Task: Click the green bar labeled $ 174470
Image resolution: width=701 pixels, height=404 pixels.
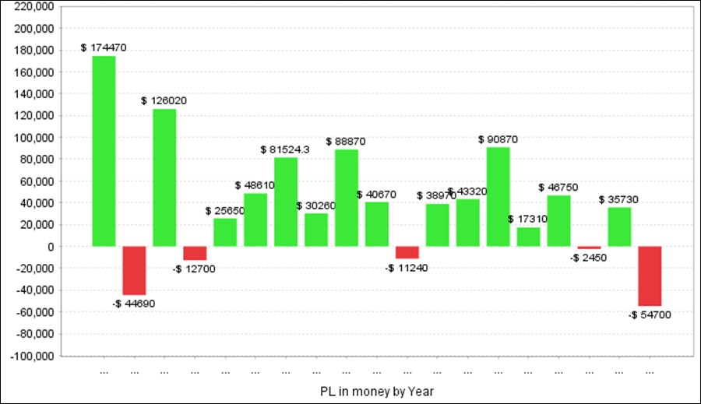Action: (104, 151)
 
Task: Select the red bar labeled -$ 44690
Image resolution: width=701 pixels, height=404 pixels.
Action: (134, 270)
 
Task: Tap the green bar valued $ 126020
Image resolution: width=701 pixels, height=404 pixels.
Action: (164, 177)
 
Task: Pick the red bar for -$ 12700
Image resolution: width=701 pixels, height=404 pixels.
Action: (195, 253)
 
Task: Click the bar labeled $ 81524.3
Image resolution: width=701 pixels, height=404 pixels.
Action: (286, 202)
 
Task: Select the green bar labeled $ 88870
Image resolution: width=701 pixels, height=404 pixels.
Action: (347, 198)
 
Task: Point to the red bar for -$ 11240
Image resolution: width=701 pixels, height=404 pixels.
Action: (407, 252)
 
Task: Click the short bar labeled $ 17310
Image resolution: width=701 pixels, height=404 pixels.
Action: (529, 237)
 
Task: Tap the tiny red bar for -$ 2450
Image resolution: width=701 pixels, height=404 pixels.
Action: (590, 248)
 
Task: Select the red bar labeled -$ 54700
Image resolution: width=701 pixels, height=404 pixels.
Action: (650, 276)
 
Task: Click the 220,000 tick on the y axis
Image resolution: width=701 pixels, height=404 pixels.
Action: (34, 7)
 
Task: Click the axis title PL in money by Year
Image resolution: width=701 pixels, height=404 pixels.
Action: (376, 389)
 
